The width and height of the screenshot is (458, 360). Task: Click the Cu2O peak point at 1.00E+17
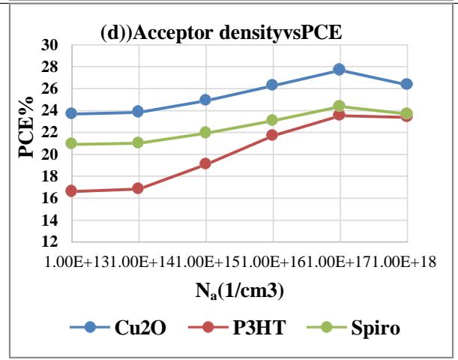340,69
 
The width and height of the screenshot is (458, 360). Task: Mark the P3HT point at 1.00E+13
71,191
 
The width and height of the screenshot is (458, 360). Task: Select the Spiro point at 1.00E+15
205,133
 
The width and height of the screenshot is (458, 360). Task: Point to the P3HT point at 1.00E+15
205,163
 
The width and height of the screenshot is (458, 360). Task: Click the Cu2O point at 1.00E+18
406,84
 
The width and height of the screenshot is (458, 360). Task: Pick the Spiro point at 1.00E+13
71,144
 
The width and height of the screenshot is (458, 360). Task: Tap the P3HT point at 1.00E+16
272,135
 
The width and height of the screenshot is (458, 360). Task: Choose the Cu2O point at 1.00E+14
138,112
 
